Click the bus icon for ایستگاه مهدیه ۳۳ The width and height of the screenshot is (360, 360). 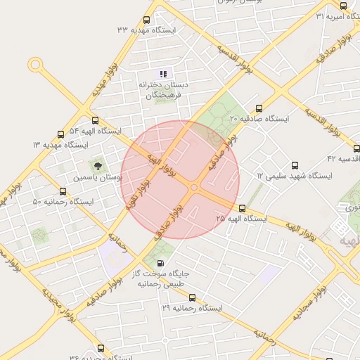click(146, 20)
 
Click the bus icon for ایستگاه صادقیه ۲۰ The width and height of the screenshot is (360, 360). click(259, 109)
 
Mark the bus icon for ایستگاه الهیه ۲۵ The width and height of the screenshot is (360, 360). click(243, 208)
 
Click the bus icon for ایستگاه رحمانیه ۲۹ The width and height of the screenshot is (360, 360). click(193, 297)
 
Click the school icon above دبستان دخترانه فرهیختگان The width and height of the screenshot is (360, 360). click(163, 74)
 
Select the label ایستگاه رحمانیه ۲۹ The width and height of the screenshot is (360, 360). click(192, 309)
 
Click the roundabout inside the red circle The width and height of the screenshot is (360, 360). click(193, 187)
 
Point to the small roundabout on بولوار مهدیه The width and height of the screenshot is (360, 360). click(34, 65)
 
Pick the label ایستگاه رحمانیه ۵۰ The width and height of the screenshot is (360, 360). click(63, 202)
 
